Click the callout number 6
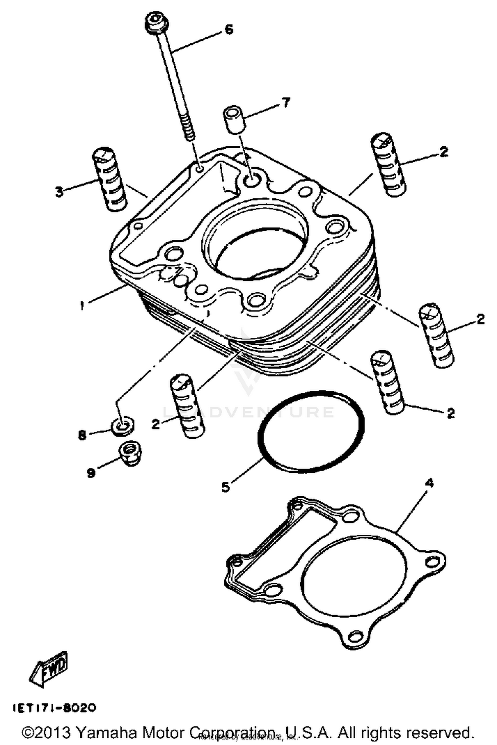point(229,29)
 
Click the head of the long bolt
point(156,24)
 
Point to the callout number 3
point(59,192)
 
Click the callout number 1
point(82,305)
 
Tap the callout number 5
point(226,487)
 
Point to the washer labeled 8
point(123,426)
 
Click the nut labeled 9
point(128,453)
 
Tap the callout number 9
point(91,473)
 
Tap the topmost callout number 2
point(443,152)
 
